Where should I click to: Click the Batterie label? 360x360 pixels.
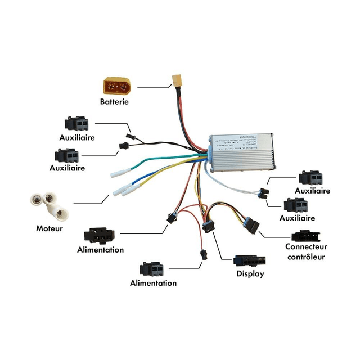pos(115,102)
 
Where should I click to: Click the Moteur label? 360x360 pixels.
pos(49,229)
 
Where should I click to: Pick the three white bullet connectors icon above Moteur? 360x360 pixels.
pos(49,205)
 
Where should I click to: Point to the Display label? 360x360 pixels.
pos(250,274)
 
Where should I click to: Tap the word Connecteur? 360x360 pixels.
pos(306,246)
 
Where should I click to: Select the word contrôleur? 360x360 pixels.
pos(305,256)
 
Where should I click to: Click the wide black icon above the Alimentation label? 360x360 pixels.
pos(101,235)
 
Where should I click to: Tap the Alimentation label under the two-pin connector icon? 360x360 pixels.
pos(153,283)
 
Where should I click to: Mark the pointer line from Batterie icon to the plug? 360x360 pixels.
pos(154,87)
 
